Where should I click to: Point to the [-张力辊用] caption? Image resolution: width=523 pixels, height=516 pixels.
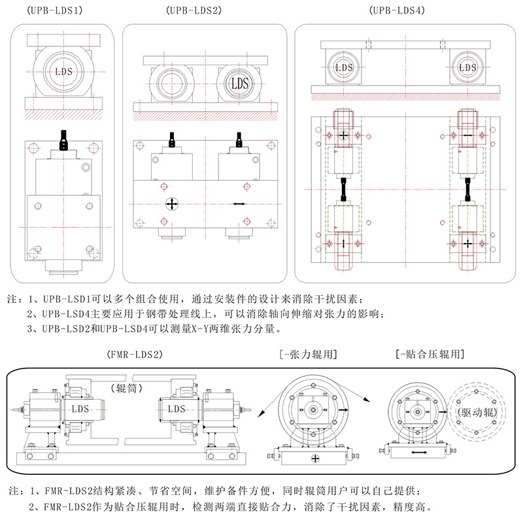[308, 355]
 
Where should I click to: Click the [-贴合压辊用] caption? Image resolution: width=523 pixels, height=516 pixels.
[430, 355]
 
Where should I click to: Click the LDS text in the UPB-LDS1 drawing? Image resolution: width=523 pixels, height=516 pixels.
[64, 71]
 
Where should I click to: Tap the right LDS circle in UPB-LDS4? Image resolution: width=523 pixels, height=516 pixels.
[467, 67]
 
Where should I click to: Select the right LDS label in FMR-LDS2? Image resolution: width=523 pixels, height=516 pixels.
[177, 409]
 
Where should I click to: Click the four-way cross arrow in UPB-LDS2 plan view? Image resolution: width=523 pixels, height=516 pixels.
[171, 204]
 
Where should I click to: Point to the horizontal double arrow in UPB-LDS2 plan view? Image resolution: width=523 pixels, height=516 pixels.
[240, 204]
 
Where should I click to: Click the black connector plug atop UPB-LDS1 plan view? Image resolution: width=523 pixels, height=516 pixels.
[63, 139]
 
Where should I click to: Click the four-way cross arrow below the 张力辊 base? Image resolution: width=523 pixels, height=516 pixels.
[316, 459]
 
